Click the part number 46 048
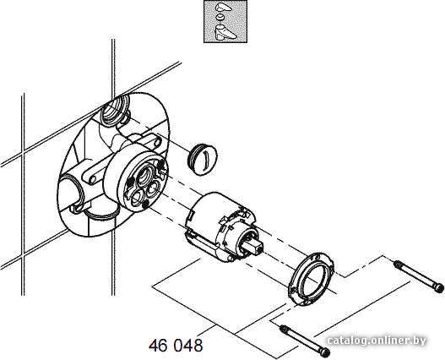pos(176,346)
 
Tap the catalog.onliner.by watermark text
pos(377,341)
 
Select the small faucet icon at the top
pos(225,22)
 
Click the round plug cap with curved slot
pos(202,159)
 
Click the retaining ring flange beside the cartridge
pos(311,279)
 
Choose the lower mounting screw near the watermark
pos(305,341)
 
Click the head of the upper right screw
pos(439,287)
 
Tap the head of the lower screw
pos(325,353)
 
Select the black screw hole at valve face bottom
pos(146,203)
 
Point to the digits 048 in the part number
pos(188,346)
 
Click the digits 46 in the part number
pos(158,346)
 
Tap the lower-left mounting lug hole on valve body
pos(93,179)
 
